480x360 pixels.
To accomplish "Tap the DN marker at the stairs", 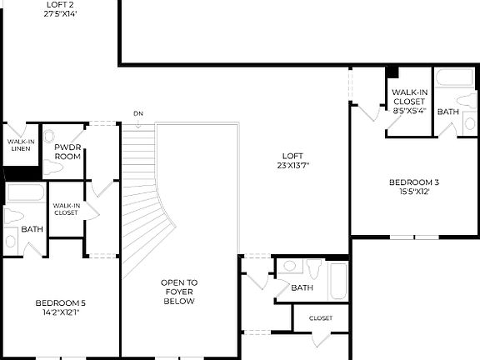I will pyautogui.click(x=138, y=113).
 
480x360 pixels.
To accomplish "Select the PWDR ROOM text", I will pyautogui.click(x=67, y=152).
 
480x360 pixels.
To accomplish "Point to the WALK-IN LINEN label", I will pyautogui.click(x=21, y=145).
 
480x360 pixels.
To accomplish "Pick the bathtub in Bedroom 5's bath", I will pyautogui.click(x=25, y=192).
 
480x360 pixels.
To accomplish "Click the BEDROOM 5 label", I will pyautogui.click(x=60, y=302).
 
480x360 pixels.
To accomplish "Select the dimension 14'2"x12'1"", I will pyautogui.click(x=60, y=312).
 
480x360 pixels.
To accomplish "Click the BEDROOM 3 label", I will pyautogui.click(x=414, y=182).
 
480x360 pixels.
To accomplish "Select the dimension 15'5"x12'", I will pyautogui.click(x=414, y=192).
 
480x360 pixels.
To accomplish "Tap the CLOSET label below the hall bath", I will pyautogui.click(x=321, y=318).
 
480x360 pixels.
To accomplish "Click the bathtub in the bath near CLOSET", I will pyautogui.click(x=338, y=281).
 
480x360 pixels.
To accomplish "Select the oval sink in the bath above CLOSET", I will pyautogui.click(x=289, y=267).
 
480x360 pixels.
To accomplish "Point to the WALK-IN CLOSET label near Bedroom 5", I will pyautogui.click(x=66, y=209).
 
